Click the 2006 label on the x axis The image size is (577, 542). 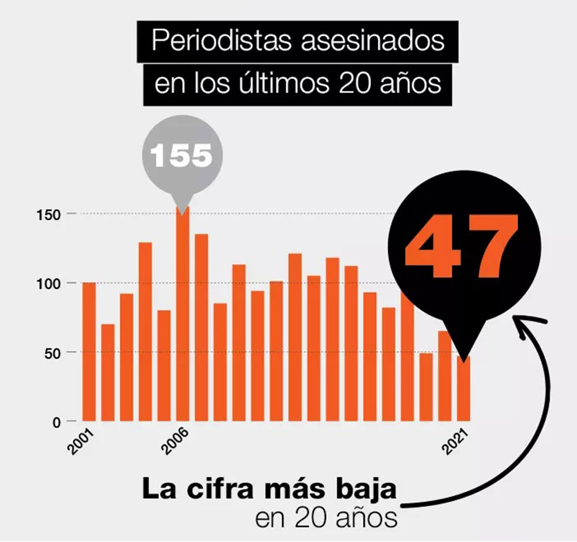(175, 441)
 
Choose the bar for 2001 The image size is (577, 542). (89, 352)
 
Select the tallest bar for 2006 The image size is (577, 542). (182, 317)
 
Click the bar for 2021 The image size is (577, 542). (464, 389)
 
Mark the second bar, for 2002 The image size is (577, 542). (108, 372)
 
